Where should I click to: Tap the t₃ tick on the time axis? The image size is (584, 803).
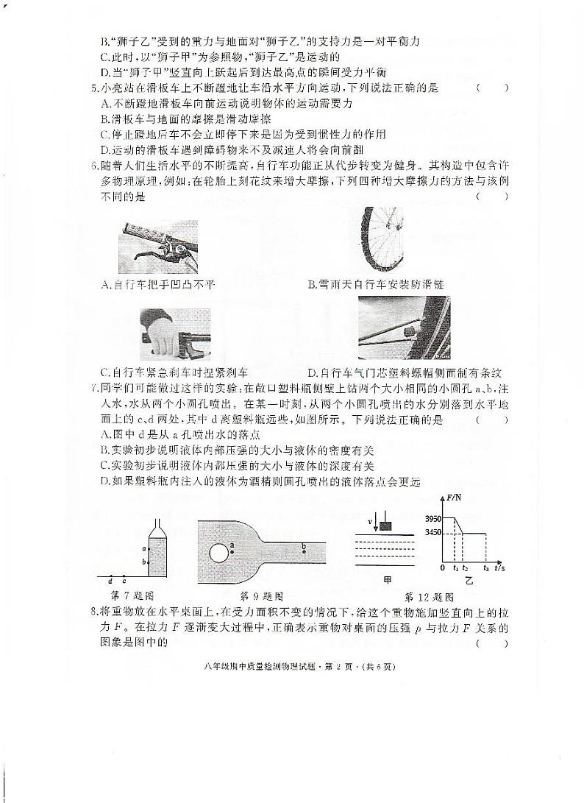tap(485, 568)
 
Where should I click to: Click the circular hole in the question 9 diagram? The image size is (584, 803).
tap(218, 551)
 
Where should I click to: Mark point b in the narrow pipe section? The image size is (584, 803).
tap(304, 547)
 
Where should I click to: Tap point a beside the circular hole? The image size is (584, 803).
tap(232, 545)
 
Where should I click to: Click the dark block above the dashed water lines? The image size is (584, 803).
tap(385, 526)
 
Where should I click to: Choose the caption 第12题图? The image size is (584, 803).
tap(430, 596)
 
